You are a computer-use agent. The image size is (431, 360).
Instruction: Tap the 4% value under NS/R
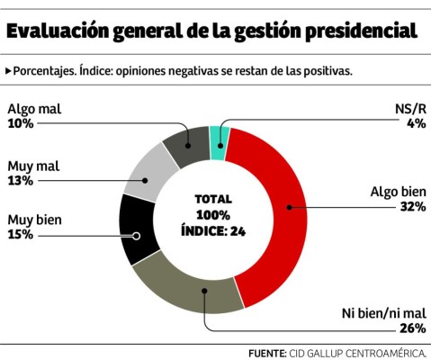[415, 123]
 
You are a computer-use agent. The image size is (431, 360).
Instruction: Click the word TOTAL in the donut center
[212, 199]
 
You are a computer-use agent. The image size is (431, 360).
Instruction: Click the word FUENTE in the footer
[267, 353]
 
